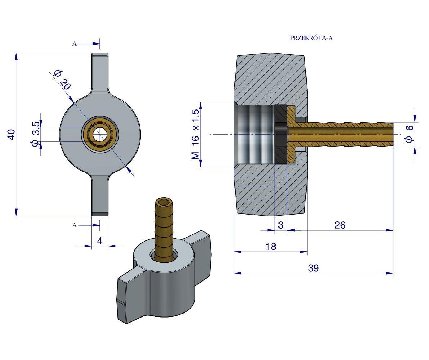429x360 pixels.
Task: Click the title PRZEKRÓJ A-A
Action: (x=311, y=38)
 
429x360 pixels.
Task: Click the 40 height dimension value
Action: (x=11, y=135)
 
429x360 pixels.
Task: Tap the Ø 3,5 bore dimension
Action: (x=35, y=134)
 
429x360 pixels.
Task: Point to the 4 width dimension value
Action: (x=100, y=240)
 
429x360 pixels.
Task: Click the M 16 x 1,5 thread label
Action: (x=195, y=134)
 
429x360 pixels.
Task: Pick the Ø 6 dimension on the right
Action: (x=409, y=134)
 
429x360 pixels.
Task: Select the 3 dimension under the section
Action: (x=281, y=225)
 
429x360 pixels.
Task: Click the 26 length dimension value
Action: (x=340, y=225)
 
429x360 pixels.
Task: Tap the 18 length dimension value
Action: (x=271, y=247)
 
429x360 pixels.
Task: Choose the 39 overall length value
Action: (x=313, y=268)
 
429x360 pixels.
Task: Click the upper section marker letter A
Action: (x=75, y=44)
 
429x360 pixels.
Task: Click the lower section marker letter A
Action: (x=75, y=225)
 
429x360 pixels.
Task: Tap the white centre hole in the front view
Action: (x=100, y=134)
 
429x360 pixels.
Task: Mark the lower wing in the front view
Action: (x=100, y=196)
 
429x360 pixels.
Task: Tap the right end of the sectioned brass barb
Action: (x=391, y=134)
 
